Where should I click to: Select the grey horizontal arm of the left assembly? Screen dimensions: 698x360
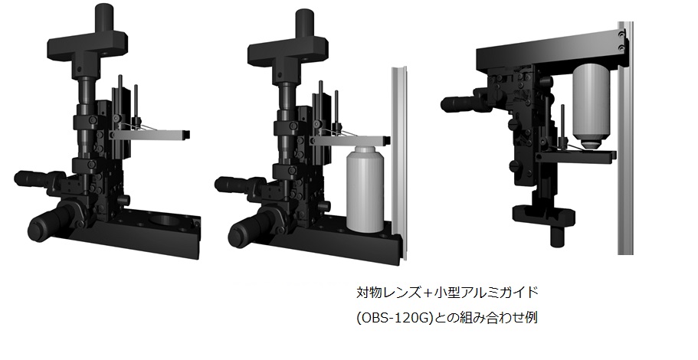(x=149, y=134)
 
